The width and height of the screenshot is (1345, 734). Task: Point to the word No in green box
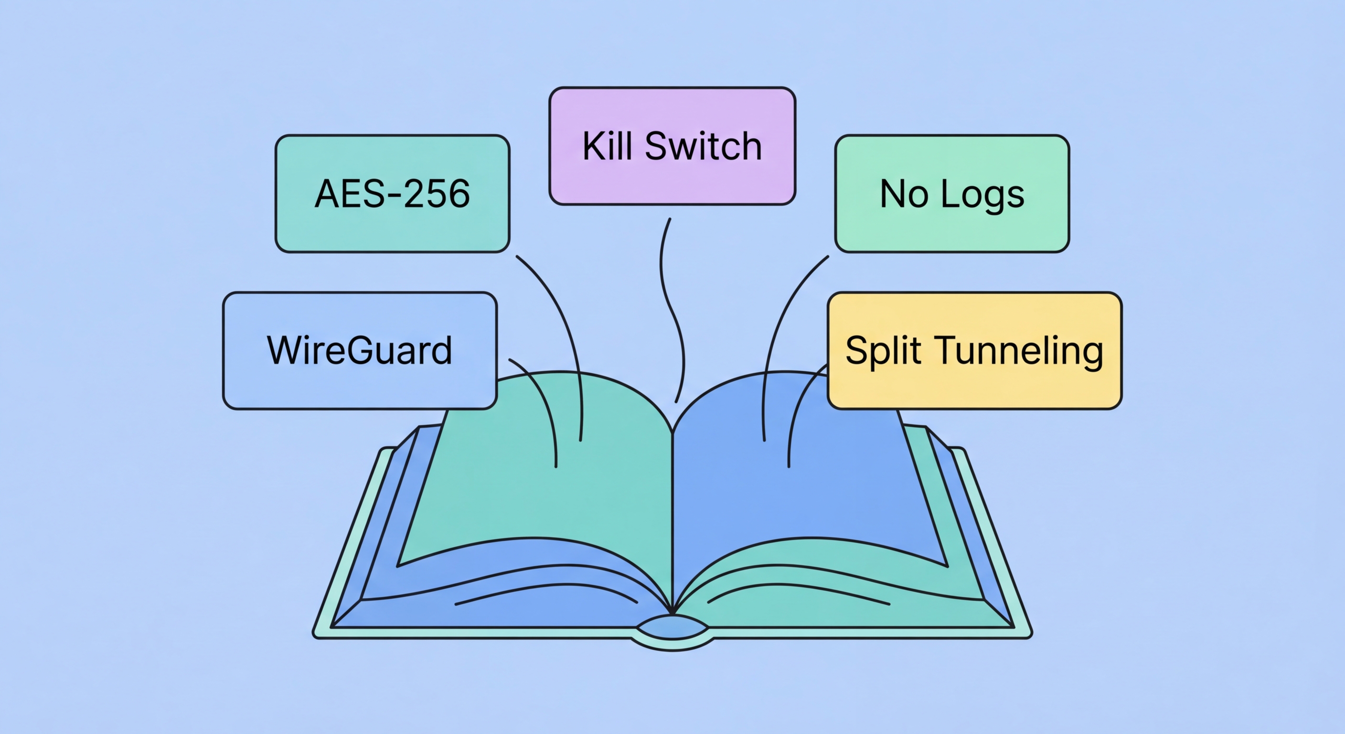pyautogui.click(x=904, y=194)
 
